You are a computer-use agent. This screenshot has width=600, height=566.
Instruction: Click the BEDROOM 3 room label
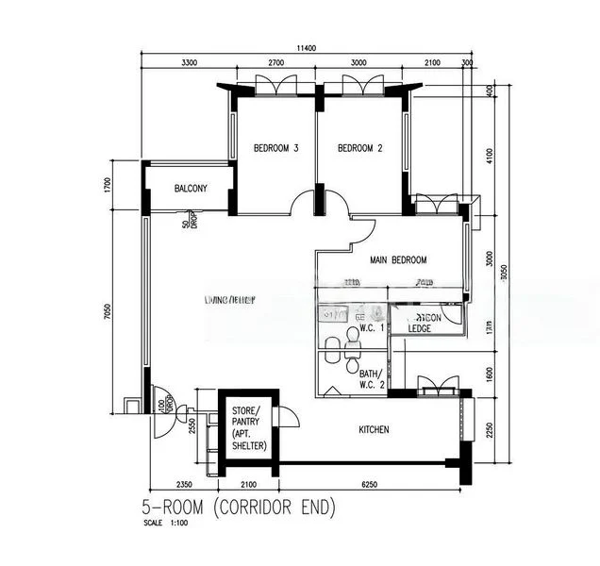tap(276, 148)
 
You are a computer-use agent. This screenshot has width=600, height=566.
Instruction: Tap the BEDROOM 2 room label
tap(360, 148)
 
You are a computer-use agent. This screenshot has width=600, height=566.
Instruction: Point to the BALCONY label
tap(191, 190)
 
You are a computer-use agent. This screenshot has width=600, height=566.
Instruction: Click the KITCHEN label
tap(375, 430)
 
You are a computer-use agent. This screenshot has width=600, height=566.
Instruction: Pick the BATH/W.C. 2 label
tap(370, 378)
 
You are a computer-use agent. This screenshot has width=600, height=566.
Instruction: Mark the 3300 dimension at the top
tap(189, 63)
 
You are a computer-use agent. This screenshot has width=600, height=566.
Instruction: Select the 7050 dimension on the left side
tap(108, 311)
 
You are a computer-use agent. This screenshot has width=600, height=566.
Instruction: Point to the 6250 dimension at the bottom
tap(371, 486)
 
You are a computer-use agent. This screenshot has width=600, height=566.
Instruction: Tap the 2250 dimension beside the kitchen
tap(491, 430)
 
